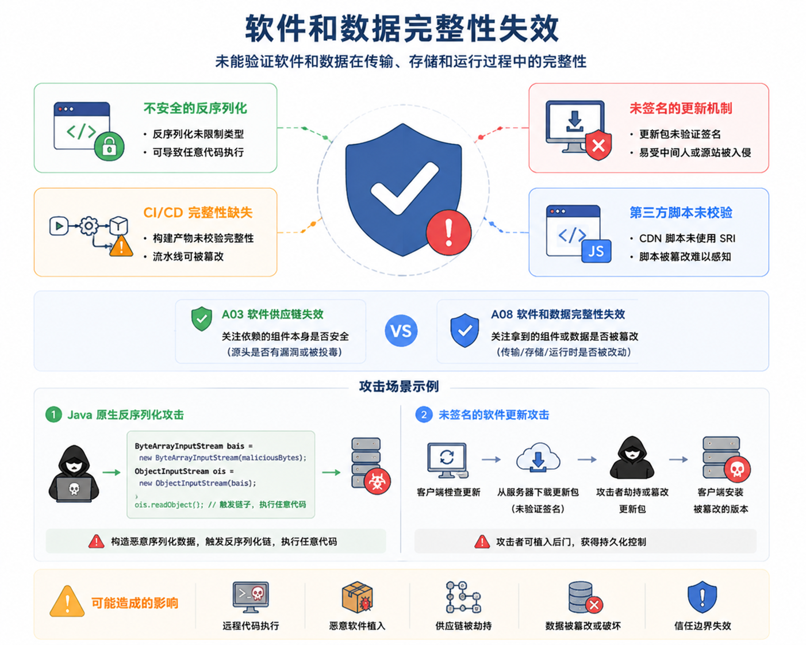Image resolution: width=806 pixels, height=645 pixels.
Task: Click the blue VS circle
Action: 401,331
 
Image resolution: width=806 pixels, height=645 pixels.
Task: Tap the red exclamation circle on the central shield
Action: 448,232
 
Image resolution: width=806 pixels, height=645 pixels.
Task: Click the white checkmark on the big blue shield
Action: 405,188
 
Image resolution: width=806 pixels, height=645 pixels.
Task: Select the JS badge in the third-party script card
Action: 596,251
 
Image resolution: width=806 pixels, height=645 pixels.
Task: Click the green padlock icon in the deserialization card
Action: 109,146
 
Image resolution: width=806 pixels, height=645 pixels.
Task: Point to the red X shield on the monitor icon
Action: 598,145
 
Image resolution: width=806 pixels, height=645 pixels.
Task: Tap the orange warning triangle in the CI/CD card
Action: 121,246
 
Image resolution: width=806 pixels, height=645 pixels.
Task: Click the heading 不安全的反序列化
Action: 195,108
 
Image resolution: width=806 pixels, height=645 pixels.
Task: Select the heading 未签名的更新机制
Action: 681,108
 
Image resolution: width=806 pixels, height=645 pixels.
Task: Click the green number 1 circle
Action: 53,414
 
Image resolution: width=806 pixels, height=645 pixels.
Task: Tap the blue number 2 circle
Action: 424,414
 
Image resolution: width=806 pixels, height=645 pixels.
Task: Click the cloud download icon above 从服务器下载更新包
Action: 538,457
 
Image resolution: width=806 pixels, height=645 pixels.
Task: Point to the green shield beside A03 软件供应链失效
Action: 201,318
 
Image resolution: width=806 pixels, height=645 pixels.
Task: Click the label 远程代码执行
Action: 251,625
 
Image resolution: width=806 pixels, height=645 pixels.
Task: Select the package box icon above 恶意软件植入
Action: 357,597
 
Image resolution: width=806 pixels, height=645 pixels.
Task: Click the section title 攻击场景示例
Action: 399,386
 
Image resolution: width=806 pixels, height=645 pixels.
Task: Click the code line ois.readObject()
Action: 220,505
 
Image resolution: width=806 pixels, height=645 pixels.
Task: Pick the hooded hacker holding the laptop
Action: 74,474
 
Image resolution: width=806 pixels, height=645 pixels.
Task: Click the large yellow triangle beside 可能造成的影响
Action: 67,601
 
